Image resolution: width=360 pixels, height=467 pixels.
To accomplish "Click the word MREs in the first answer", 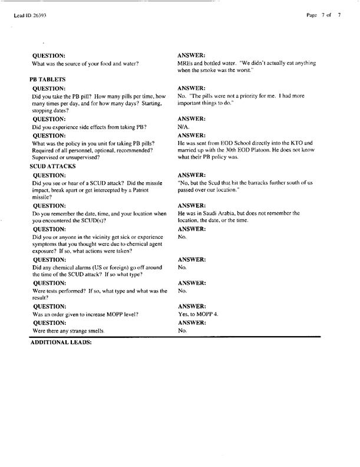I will tap(186, 63).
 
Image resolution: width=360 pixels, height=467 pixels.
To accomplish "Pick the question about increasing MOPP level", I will tap(86, 314).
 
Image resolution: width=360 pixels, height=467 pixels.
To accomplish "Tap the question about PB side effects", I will tap(89, 127).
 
